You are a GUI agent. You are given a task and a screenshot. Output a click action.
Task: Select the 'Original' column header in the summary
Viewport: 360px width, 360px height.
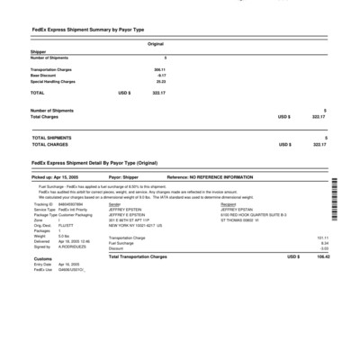(x=155, y=43)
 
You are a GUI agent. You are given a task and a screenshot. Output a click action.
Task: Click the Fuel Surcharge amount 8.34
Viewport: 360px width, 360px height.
(x=324, y=242)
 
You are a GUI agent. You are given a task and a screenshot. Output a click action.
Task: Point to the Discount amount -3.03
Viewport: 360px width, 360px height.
(x=324, y=247)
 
